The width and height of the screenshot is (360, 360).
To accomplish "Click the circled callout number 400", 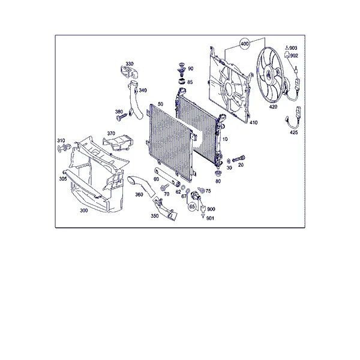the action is click(x=245, y=43).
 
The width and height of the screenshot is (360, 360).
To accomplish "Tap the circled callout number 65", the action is click(x=192, y=206).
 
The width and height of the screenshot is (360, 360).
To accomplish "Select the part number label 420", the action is click(x=273, y=107).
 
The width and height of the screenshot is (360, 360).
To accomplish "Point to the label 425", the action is click(x=293, y=133).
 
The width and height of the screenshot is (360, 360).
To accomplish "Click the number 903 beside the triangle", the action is click(x=293, y=48).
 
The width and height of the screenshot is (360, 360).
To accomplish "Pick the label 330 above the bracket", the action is click(x=130, y=64).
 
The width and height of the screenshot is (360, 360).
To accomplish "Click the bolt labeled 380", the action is click(x=122, y=117).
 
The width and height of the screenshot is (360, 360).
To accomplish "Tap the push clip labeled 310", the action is click(x=64, y=148).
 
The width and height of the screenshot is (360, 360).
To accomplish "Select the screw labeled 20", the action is click(x=239, y=158).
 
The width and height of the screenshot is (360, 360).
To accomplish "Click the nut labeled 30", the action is click(x=229, y=161).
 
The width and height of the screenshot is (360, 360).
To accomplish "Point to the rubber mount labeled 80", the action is click(x=218, y=173).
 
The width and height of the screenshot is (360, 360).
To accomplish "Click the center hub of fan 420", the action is click(x=268, y=74).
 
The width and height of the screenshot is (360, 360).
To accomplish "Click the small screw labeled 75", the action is click(x=202, y=190).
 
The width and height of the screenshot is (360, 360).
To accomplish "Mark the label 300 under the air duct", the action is click(x=84, y=211).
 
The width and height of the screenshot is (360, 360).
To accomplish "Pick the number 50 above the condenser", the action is click(x=160, y=104).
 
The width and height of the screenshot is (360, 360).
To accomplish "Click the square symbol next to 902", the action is click(x=287, y=55).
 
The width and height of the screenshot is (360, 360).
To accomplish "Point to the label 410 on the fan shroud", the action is click(x=253, y=122).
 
